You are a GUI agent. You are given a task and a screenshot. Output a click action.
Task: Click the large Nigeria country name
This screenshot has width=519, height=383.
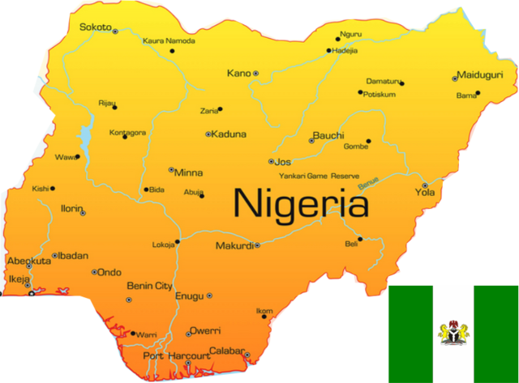point(301,202)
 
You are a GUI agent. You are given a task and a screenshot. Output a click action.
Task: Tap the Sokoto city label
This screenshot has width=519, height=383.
point(95,27)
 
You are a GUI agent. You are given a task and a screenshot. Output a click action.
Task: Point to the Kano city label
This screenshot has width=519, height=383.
point(238,73)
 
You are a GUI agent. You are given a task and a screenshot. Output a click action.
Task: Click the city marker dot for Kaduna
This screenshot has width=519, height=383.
point(208,134)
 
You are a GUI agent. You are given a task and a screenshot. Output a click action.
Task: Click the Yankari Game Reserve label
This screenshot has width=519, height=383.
point(318,176)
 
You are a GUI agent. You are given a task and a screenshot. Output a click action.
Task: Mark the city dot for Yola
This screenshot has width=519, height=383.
point(424,185)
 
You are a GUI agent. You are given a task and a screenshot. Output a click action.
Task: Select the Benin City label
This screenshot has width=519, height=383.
point(149,286)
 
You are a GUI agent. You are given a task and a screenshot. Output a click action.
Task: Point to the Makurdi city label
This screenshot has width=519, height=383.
point(234,245)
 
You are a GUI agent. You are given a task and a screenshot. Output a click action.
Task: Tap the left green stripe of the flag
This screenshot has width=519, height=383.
point(410,333)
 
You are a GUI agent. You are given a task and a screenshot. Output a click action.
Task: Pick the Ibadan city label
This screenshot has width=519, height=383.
point(73,256)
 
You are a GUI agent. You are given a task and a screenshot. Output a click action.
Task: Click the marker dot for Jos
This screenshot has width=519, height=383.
point(271,162)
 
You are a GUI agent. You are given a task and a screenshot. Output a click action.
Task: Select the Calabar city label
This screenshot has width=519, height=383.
point(226,351)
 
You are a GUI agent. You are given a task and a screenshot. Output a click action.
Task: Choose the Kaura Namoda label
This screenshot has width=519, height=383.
point(168,40)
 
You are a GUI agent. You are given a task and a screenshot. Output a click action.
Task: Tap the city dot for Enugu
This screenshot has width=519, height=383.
point(209,296)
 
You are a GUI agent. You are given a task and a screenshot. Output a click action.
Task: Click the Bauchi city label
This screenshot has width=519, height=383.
point(328,135)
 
